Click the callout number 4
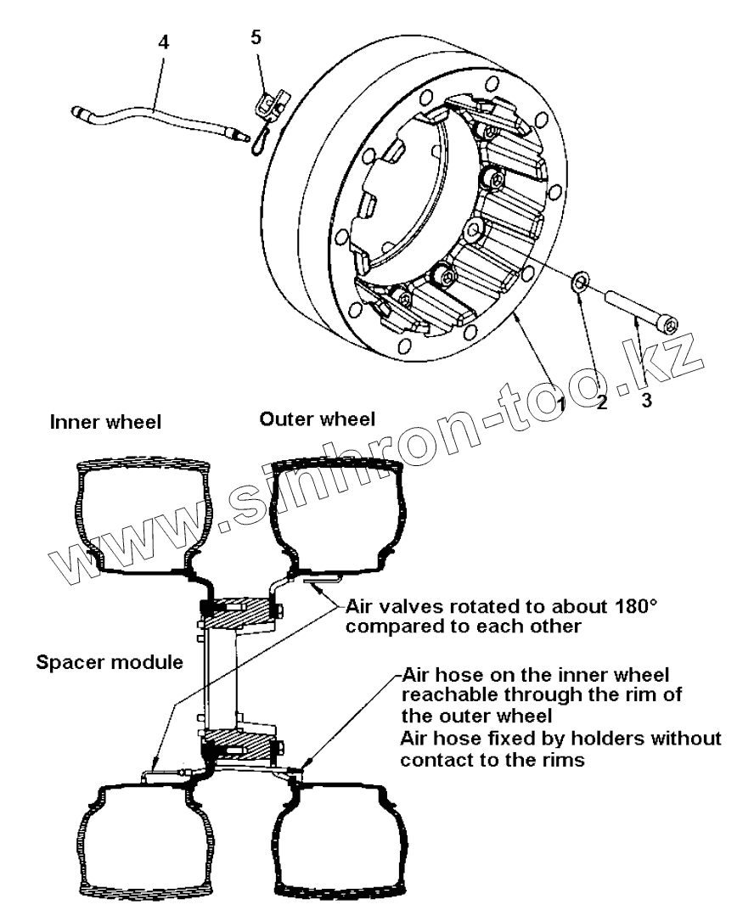164,42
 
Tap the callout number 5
256,37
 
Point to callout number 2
601,402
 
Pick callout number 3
646,400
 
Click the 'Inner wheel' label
105,422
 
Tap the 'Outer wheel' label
318,419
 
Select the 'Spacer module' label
110,662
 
